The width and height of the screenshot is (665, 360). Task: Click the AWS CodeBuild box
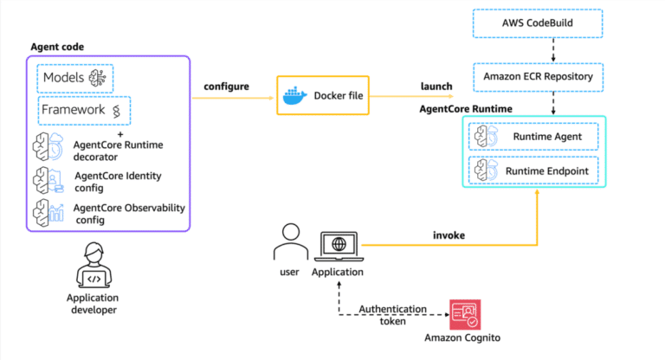tap(537, 23)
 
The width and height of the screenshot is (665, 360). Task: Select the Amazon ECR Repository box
tap(537, 77)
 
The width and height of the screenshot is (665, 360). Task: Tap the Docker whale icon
tap(295, 95)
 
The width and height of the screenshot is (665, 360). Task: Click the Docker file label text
tap(338, 96)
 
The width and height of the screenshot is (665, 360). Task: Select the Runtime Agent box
tap(537, 137)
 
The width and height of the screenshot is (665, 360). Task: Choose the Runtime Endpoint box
tap(537, 170)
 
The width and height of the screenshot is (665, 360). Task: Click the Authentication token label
tap(393, 314)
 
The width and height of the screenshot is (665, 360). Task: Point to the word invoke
tap(449, 235)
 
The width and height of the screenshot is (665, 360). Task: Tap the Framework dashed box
tap(84, 110)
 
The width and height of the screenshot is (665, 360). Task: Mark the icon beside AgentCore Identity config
tap(48, 181)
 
